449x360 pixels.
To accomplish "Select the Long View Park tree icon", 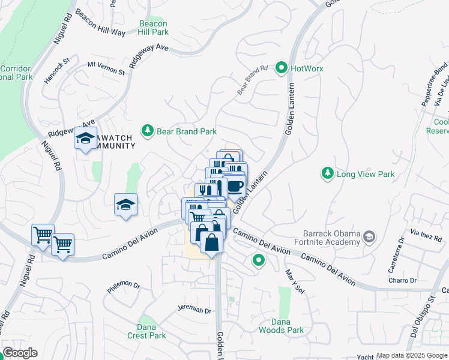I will (327, 174).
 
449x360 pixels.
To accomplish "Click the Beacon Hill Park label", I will (153, 28).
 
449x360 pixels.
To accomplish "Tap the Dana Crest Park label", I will (146, 331).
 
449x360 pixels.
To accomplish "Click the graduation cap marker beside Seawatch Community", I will (86, 139).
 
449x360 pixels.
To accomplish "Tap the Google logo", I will (20, 353).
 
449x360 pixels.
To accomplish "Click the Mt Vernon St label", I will (106, 68).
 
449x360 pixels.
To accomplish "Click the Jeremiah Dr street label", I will (194, 310).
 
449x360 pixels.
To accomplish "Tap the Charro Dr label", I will (402, 280).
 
